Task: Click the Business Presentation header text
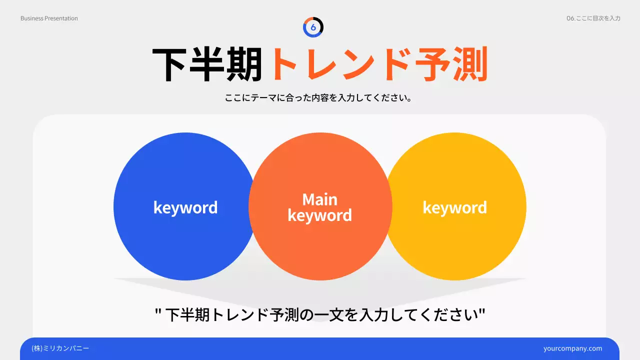click(49, 18)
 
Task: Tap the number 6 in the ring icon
click(313, 27)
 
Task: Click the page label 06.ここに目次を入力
click(593, 18)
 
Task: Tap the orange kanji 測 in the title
click(469, 65)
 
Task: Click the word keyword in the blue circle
click(185, 207)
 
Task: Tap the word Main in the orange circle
click(320, 199)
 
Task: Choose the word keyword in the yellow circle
click(454, 207)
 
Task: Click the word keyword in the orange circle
click(320, 215)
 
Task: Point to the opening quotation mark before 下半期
click(158, 313)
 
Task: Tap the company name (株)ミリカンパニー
click(60, 348)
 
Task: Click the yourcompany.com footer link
click(572, 348)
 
